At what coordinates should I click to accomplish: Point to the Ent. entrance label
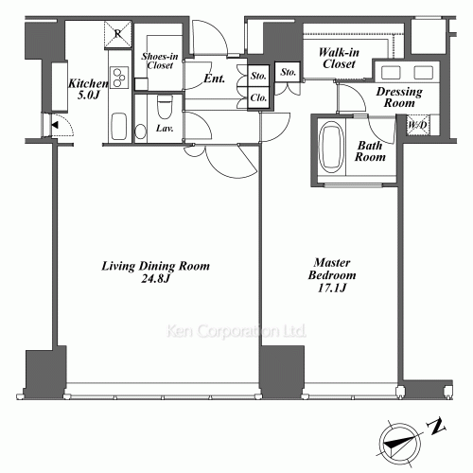click(214, 79)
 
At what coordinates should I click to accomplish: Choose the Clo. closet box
click(258, 98)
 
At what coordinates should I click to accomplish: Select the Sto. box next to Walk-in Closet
click(289, 73)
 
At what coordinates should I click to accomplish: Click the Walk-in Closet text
click(338, 59)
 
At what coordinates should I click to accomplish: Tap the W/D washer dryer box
click(415, 125)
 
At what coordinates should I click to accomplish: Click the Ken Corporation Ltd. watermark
click(236, 332)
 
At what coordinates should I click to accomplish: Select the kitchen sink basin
click(119, 124)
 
